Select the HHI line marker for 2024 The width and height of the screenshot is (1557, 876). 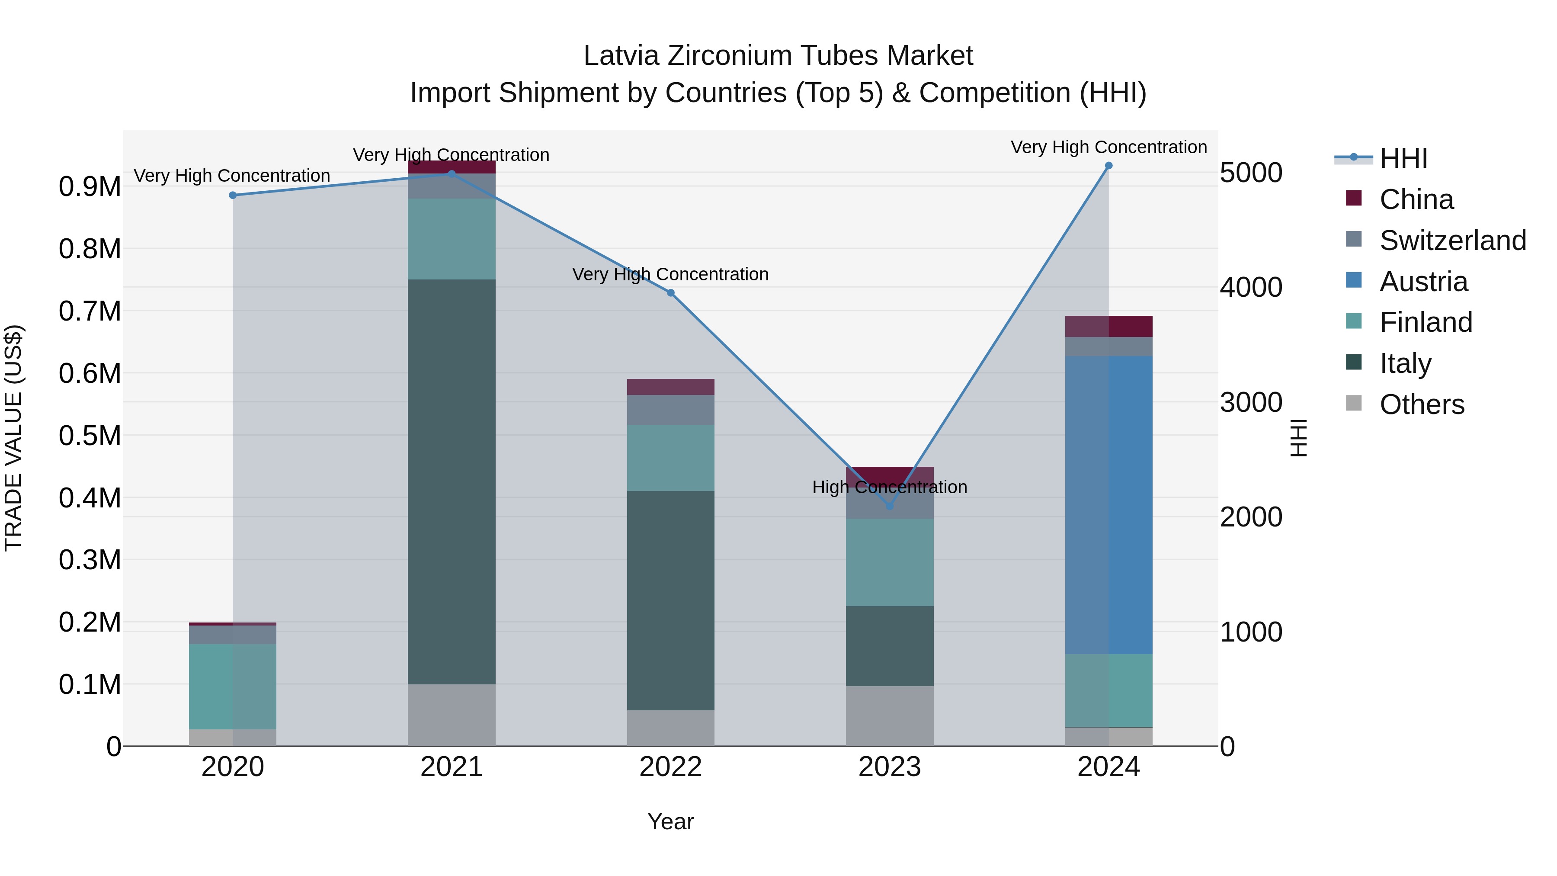pos(1108,166)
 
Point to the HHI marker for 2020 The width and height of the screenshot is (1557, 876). pos(233,195)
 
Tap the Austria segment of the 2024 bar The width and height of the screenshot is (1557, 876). pos(1108,505)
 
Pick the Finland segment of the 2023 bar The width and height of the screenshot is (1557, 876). pos(889,562)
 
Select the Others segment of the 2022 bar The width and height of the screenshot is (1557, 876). pos(670,728)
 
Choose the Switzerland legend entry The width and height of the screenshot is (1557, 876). pos(1452,241)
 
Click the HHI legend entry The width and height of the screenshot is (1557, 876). pos(1403,158)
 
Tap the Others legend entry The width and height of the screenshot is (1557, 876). pos(1422,404)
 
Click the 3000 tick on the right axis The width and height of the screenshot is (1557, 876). pos(1250,403)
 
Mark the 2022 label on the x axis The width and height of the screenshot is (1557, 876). pos(670,767)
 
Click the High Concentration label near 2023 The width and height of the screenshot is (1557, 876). pos(889,487)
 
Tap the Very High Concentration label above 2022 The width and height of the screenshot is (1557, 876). pos(670,274)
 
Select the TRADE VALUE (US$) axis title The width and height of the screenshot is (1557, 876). pos(13,438)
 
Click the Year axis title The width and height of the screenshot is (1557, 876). pos(670,821)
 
